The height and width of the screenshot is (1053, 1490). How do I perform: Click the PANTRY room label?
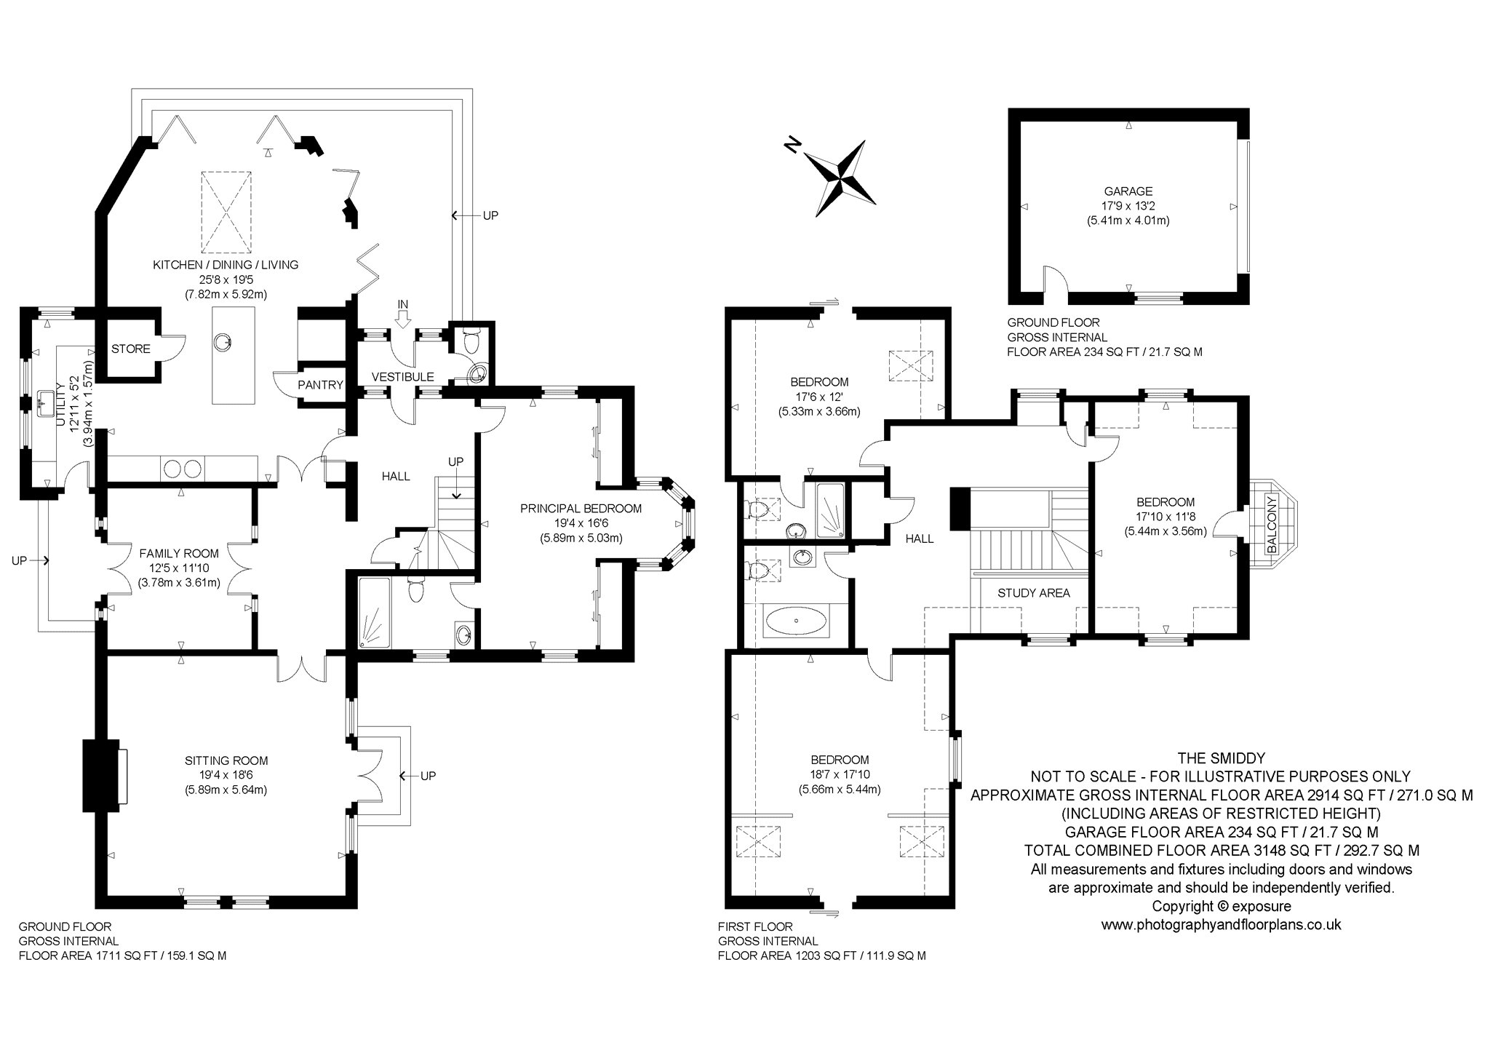click(x=321, y=385)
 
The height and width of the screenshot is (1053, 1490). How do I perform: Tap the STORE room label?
click(x=131, y=349)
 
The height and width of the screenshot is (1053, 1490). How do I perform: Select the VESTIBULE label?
click(x=402, y=377)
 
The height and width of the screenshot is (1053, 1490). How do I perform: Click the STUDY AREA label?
click(x=1033, y=593)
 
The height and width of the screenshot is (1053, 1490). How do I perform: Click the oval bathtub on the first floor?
click(x=795, y=621)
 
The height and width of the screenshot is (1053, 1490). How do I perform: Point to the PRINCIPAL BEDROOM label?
click(x=581, y=509)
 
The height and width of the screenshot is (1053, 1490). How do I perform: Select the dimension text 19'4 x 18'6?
click(x=226, y=775)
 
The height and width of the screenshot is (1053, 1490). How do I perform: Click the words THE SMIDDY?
click(x=1222, y=757)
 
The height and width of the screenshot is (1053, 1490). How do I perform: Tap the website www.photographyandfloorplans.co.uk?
click(x=1222, y=926)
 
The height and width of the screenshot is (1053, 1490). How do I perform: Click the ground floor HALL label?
click(x=396, y=476)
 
